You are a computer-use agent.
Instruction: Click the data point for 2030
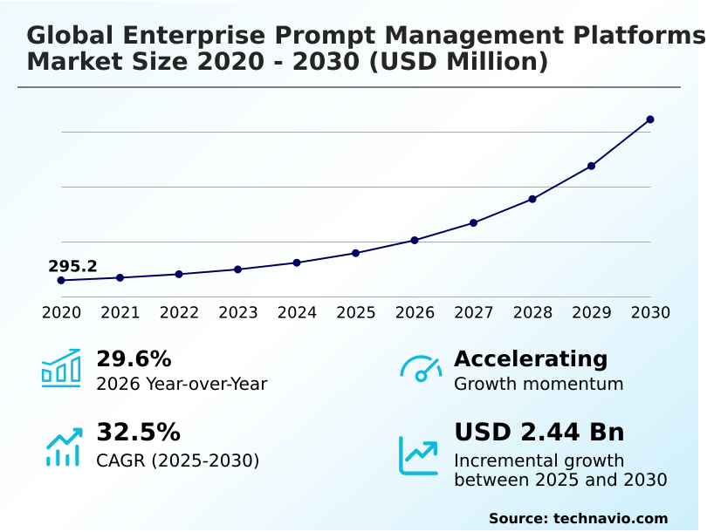click(x=650, y=119)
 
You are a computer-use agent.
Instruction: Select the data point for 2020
click(x=61, y=280)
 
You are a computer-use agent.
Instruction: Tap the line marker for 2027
click(x=473, y=222)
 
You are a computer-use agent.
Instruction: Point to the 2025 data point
click(x=355, y=253)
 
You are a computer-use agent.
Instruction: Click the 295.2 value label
click(x=72, y=266)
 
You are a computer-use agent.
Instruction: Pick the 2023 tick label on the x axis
click(x=237, y=312)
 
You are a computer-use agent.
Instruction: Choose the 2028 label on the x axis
click(x=532, y=312)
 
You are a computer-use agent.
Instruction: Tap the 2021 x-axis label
click(x=120, y=312)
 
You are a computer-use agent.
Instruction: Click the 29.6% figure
click(x=134, y=358)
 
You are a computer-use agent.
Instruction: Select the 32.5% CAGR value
click(x=138, y=432)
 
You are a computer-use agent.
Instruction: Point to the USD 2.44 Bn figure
click(x=539, y=432)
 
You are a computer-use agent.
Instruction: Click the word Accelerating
click(x=531, y=358)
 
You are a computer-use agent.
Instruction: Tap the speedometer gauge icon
click(x=421, y=369)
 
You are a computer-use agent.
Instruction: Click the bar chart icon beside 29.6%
click(x=61, y=369)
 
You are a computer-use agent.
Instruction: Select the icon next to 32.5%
click(x=63, y=446)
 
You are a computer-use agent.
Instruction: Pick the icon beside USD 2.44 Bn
click(x=419, y=455)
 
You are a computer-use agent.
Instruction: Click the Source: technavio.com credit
click(x=578, y=518)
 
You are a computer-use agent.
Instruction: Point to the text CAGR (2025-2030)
click(x=177, y=460)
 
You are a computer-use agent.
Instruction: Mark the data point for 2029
click(x=591, y=166)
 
